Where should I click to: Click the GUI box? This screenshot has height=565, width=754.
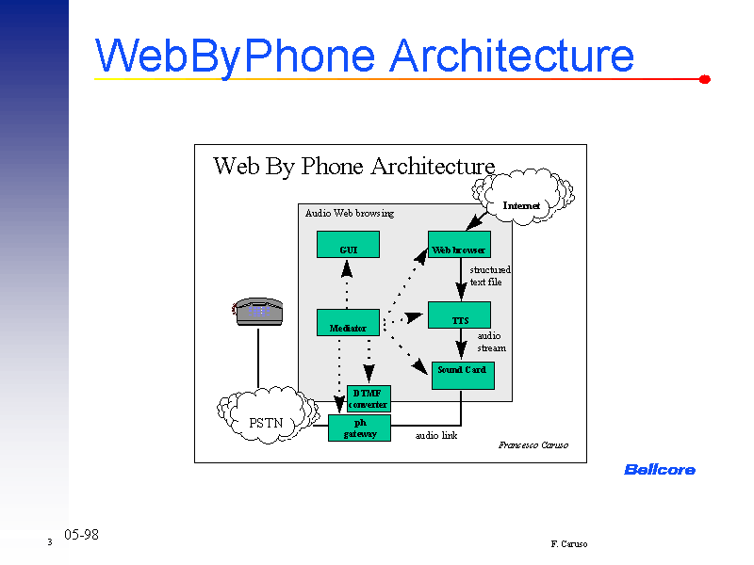(x=348, y=245)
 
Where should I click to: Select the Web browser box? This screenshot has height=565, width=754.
(x=459, y=245)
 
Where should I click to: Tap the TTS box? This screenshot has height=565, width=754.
(x=459, y=315)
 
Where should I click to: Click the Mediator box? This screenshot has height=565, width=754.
(x=348, y=323)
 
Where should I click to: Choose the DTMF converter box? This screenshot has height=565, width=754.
(x=369, y=398)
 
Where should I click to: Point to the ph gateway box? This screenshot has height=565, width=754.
(x=359, y=428)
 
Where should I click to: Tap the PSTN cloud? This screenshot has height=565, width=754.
(x=266, y=419)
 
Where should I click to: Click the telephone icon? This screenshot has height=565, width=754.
(x=258, y=311)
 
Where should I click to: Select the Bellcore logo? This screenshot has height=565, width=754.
(x=660, y=469)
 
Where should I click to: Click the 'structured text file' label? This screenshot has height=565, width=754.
(x=488, y=276)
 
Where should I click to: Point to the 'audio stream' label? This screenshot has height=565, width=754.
(x=490, y=342)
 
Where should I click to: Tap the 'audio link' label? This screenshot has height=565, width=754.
(x=436, y=436)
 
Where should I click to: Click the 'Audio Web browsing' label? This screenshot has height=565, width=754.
(x=350, y=213)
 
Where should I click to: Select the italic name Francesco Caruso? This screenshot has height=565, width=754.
(x=533, y=444)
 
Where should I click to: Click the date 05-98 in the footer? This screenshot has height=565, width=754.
(x=81, y=535)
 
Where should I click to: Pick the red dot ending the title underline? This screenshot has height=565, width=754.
(x=704, y=80)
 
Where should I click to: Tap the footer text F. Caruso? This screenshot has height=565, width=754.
(x=569, y=544)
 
